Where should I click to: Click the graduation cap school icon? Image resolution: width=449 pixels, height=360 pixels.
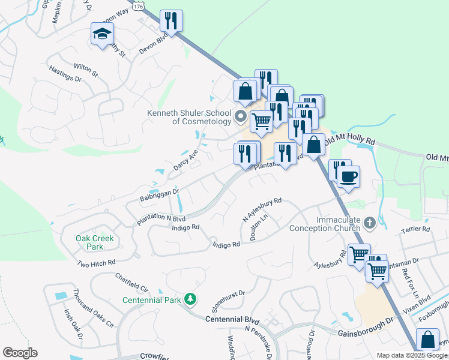click(x=103, y=34)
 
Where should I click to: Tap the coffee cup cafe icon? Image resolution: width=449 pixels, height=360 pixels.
click(x=348, y=177)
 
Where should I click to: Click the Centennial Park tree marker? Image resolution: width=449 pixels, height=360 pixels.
click(x=190, y=298)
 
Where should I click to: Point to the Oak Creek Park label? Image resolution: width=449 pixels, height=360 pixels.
click(x=94, y=242)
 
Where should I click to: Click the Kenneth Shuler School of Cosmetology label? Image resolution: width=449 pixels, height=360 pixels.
click(x=190, y=117)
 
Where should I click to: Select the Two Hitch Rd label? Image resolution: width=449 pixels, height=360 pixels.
click(x=96, y=263)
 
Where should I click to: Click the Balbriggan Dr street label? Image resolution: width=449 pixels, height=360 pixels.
click(x=160, y=194)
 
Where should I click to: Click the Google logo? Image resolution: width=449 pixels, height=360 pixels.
click(x=20, y=353)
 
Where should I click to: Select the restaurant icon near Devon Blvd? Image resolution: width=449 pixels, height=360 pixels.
click(x=171, y=22)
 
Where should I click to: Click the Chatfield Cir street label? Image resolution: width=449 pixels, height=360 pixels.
click(x=131, y=283)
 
